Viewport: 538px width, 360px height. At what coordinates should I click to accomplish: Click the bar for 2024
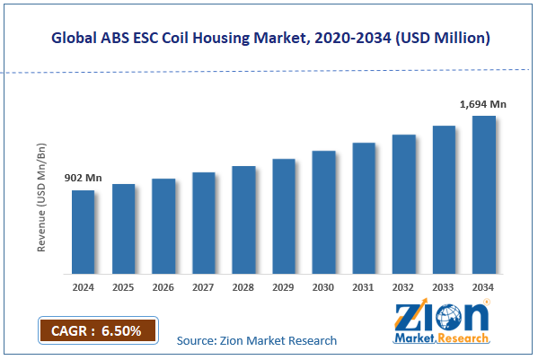pyautogui.click(x=83, y=232)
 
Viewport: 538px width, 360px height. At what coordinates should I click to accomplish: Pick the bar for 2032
pyautogui.click(x=403, y=204)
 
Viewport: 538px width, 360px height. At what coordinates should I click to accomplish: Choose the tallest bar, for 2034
pyautogui.click(x=483, y=195)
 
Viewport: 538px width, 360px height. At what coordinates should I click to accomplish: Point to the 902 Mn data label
pyautogui.click(x=83, y=179)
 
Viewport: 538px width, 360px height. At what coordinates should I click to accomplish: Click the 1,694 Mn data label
pyautogui.click(x=483, y=104)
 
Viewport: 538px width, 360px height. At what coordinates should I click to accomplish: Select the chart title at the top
pyautogui.click(x=269, y=39)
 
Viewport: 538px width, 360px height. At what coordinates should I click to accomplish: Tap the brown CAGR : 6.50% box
pyautogui.click(x=97, y=330)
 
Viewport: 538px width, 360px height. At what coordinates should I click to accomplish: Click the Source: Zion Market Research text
pyautogui.click(x=257, y=340)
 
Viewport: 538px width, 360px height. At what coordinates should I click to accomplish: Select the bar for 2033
pyautogui.click(x=444, y=199)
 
